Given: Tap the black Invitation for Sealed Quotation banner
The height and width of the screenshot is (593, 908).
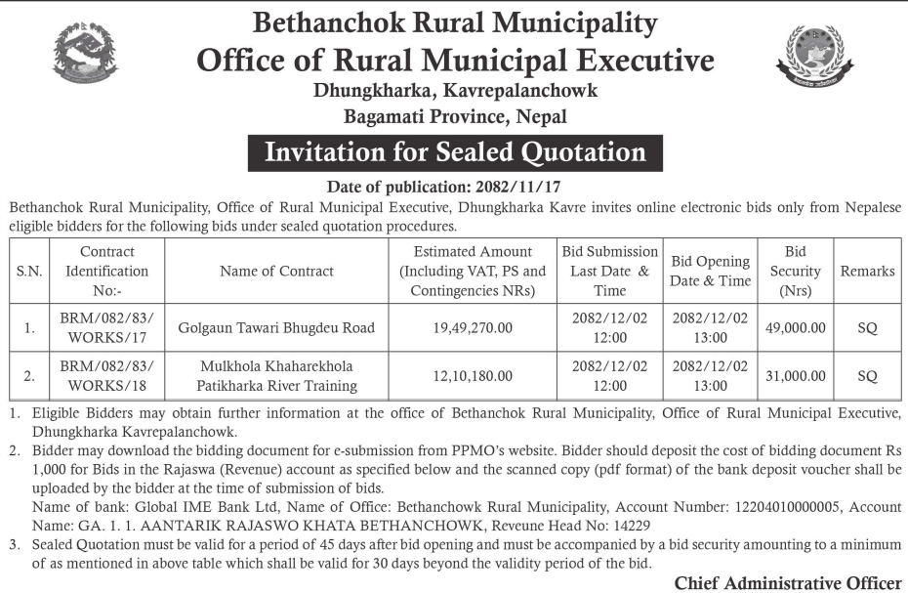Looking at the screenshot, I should [x=455, y=152].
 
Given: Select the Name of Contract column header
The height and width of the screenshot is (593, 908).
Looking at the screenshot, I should [x=277, y=271].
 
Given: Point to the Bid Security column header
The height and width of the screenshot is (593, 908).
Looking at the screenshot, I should [x=795, y=271].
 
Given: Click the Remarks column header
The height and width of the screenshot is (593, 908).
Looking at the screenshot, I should [x=867, y=271].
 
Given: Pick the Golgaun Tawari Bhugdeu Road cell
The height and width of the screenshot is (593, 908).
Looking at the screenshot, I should [x=277, y=328].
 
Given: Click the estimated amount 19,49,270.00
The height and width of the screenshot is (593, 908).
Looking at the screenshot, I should [x=472, y=328].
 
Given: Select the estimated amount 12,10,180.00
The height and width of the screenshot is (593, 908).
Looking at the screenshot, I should [x=472, y=375].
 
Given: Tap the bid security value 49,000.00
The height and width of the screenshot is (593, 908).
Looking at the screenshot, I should [x=795, y=328].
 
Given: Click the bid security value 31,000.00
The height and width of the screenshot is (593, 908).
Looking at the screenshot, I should [x=795, y=375].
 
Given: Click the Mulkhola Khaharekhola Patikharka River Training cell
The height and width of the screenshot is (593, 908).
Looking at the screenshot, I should [x=277, y=375].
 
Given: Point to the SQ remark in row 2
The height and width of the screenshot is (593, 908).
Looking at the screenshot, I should [x=867, y=375].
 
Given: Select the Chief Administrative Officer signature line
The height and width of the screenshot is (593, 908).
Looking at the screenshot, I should [x=787, y=583].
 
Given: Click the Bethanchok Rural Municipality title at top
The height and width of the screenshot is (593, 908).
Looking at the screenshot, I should [x=455, y=22].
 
